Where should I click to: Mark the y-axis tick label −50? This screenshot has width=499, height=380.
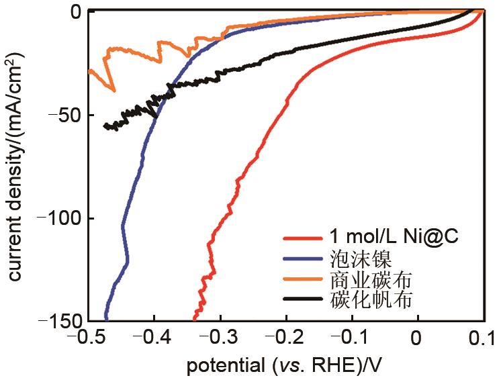(x=63, y=115)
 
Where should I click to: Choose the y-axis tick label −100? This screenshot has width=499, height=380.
(x=58, y=218)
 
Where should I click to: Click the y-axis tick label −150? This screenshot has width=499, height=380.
(x=58, y=320)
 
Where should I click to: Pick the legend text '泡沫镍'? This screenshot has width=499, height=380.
(x=357, y=258)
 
